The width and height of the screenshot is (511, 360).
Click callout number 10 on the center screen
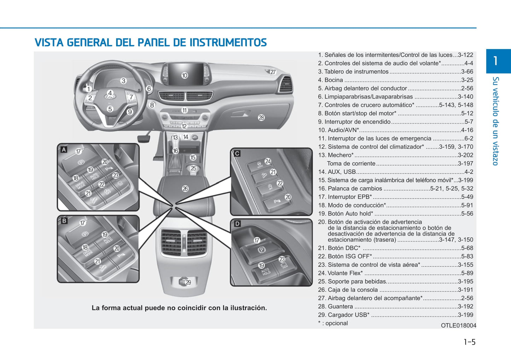pos(184,75)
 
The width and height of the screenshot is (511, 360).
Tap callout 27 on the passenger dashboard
pos(273,72)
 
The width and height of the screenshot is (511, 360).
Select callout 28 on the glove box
pos(261,117)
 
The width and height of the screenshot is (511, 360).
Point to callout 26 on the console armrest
pos(185,189)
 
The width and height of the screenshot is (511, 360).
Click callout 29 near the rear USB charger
pos(188,282)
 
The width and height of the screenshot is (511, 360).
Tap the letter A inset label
pos(64,149)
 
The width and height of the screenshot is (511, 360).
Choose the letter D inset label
pos(237,224)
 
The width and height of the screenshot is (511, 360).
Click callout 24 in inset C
pos(268,161)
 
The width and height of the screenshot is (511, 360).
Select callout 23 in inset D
pos(282,259)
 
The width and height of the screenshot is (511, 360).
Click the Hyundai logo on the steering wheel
pos(109,97)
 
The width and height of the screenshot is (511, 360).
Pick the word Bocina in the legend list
pos(333,80)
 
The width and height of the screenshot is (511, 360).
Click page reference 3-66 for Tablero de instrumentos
pos(467,72)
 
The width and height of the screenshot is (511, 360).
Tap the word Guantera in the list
pos(340,307)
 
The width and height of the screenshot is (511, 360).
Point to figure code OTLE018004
pos(458,325)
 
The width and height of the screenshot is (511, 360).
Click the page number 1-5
pos(469,342)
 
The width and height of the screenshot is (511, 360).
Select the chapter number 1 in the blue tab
pos(495,61)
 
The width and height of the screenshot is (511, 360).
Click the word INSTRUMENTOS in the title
pos(228,43)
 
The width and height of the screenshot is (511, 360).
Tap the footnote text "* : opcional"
pos(333,323)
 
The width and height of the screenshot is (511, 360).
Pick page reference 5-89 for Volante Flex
pos(467,273)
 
